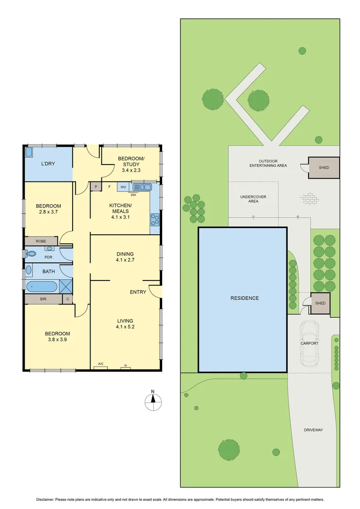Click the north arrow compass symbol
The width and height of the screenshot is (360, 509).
153,399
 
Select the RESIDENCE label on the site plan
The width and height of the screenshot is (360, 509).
245,298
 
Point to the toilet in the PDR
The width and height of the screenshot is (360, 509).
31,254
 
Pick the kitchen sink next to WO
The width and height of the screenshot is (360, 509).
141,187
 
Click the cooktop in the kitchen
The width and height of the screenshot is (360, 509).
155,218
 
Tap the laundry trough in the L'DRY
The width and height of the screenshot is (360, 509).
29,152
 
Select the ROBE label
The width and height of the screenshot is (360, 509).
41,241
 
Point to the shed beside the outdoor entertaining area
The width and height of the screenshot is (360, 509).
324,167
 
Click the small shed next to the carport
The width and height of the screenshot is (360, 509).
320,303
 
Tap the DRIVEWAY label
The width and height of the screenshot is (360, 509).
313,430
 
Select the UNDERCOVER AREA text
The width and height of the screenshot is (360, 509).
249,199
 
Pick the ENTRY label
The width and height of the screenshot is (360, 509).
138,292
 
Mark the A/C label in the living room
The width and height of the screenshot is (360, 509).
100,363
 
